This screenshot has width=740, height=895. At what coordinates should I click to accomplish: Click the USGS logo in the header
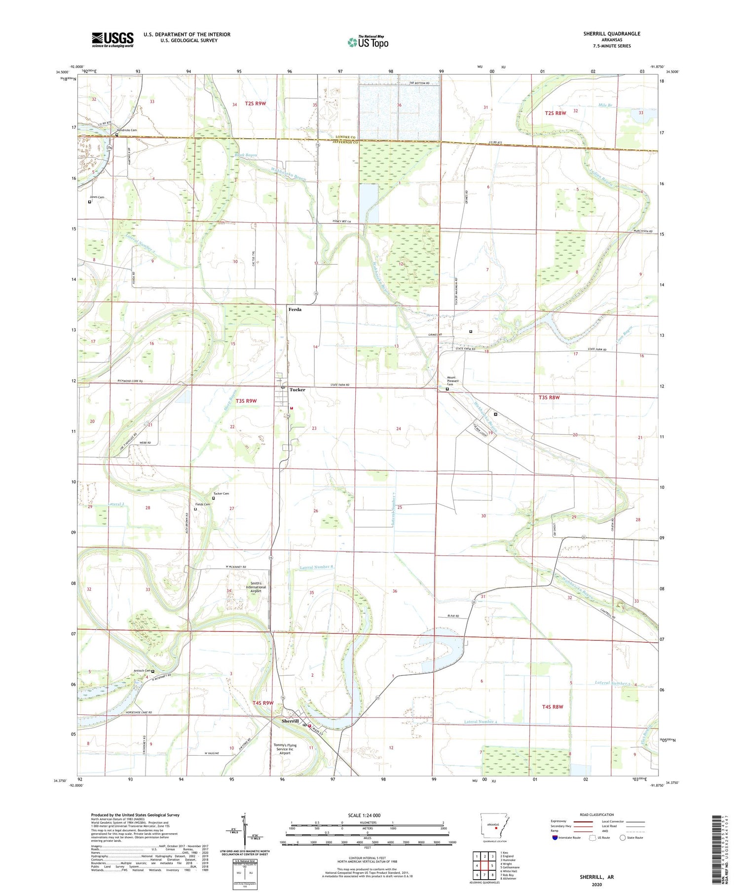(x=112, y=39)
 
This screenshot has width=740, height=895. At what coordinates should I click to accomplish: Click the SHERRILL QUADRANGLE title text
(x=612, y=34)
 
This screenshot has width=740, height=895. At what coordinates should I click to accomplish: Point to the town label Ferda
(x=295, y=310)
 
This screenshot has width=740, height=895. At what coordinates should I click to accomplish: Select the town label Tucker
(x=297, y=389)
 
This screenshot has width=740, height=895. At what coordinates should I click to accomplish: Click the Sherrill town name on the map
(x=290, y=721)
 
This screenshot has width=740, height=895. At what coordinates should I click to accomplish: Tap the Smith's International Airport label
(x=256, y=587)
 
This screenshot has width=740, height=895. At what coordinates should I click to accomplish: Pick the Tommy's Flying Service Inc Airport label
(x=285, y=749)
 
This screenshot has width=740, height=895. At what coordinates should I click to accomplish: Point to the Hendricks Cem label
(x=127, y=130)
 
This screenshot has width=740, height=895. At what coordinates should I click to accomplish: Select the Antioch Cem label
(x=142, y=670)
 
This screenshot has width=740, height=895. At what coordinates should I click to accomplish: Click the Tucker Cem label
(x=221, y=494)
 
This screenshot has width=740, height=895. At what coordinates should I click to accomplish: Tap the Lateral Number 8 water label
(x=317, y=567)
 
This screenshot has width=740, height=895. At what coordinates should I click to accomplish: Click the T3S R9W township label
(x=246, y=401)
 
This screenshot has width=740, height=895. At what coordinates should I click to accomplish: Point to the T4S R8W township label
(x=553, y=706)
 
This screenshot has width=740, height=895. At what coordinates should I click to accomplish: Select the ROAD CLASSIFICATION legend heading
(x=597, y=815)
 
